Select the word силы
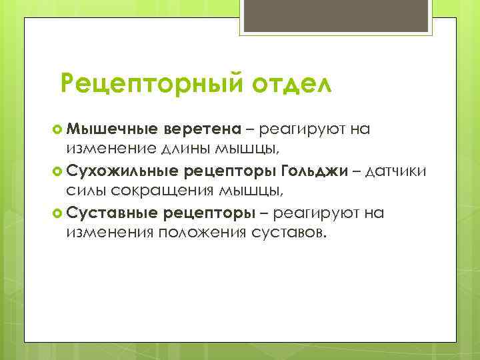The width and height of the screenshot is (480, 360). pyautogui.click(x=84, y=191)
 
